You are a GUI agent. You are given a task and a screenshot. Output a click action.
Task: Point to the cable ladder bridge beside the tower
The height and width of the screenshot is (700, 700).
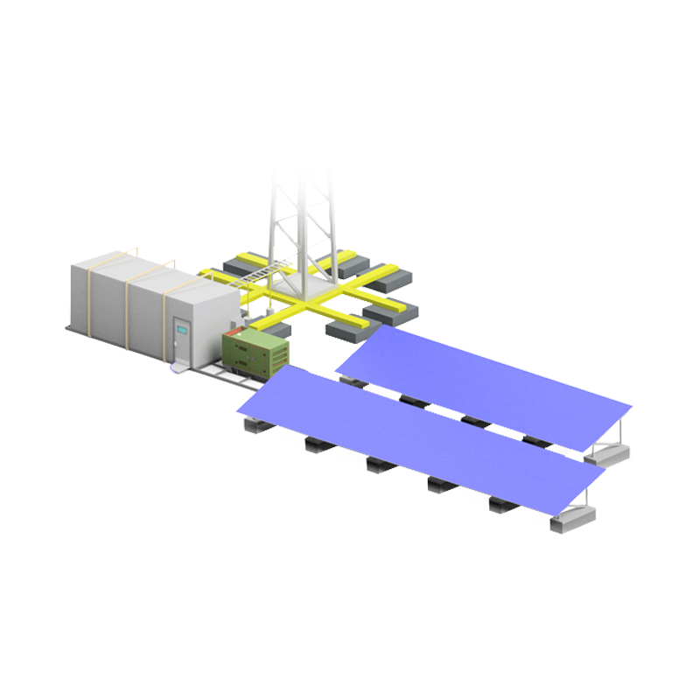pos(253,279)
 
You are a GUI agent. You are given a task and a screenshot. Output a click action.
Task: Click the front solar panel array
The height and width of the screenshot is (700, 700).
pos(420,437)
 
